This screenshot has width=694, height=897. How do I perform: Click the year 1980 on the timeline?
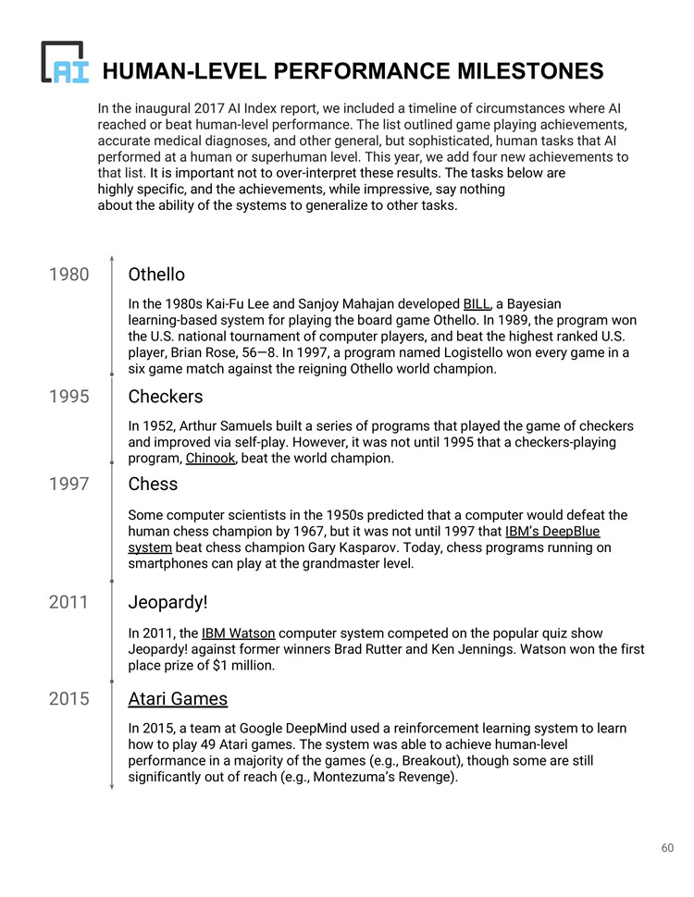tap(69, 275)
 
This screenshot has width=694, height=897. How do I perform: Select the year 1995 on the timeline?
tap(69, 397)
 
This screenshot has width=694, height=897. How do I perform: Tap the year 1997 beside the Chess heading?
tap(69, 485)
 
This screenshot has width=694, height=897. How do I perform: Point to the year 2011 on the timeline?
tap(69, 603)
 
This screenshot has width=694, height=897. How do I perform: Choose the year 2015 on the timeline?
tap(69, 699)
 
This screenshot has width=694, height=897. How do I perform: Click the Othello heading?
tap(156, 275)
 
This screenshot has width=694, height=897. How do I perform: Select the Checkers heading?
tap(166, 397)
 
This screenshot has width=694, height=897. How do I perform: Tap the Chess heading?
tap(153, 485)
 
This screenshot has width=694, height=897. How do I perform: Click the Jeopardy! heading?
tap(167, 603)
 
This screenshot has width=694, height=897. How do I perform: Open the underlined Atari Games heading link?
tap(178, 699)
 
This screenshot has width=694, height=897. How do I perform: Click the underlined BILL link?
tap(477, 304)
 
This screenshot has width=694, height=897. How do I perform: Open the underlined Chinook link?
tap(211, 459)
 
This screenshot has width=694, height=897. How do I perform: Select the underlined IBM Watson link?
tap(238, 633)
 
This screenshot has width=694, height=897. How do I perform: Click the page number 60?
tap(667, 848)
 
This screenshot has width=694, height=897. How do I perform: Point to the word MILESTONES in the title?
tap(525, 71)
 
